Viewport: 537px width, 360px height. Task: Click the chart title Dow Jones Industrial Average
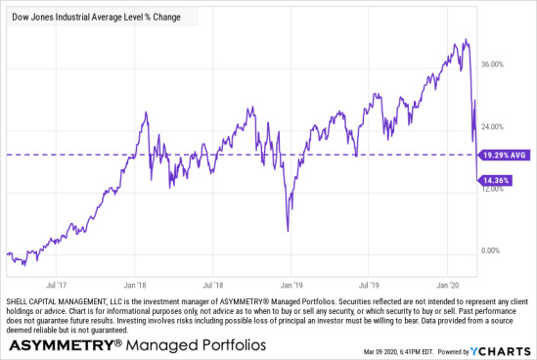pyautogui.click(x=88, y=17)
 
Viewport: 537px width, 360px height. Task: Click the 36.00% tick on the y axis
pyautogui.click(x=492, y=65)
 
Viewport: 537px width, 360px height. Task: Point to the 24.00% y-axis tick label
pyautogui.click(x=492, y=127)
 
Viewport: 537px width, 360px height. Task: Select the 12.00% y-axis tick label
pyautogui.click(x=492, y=189)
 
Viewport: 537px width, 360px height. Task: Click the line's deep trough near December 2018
pyautogui.click(x=288, y=231)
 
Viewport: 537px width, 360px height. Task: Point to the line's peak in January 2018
pyautogui.click(x=146, y=112)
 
